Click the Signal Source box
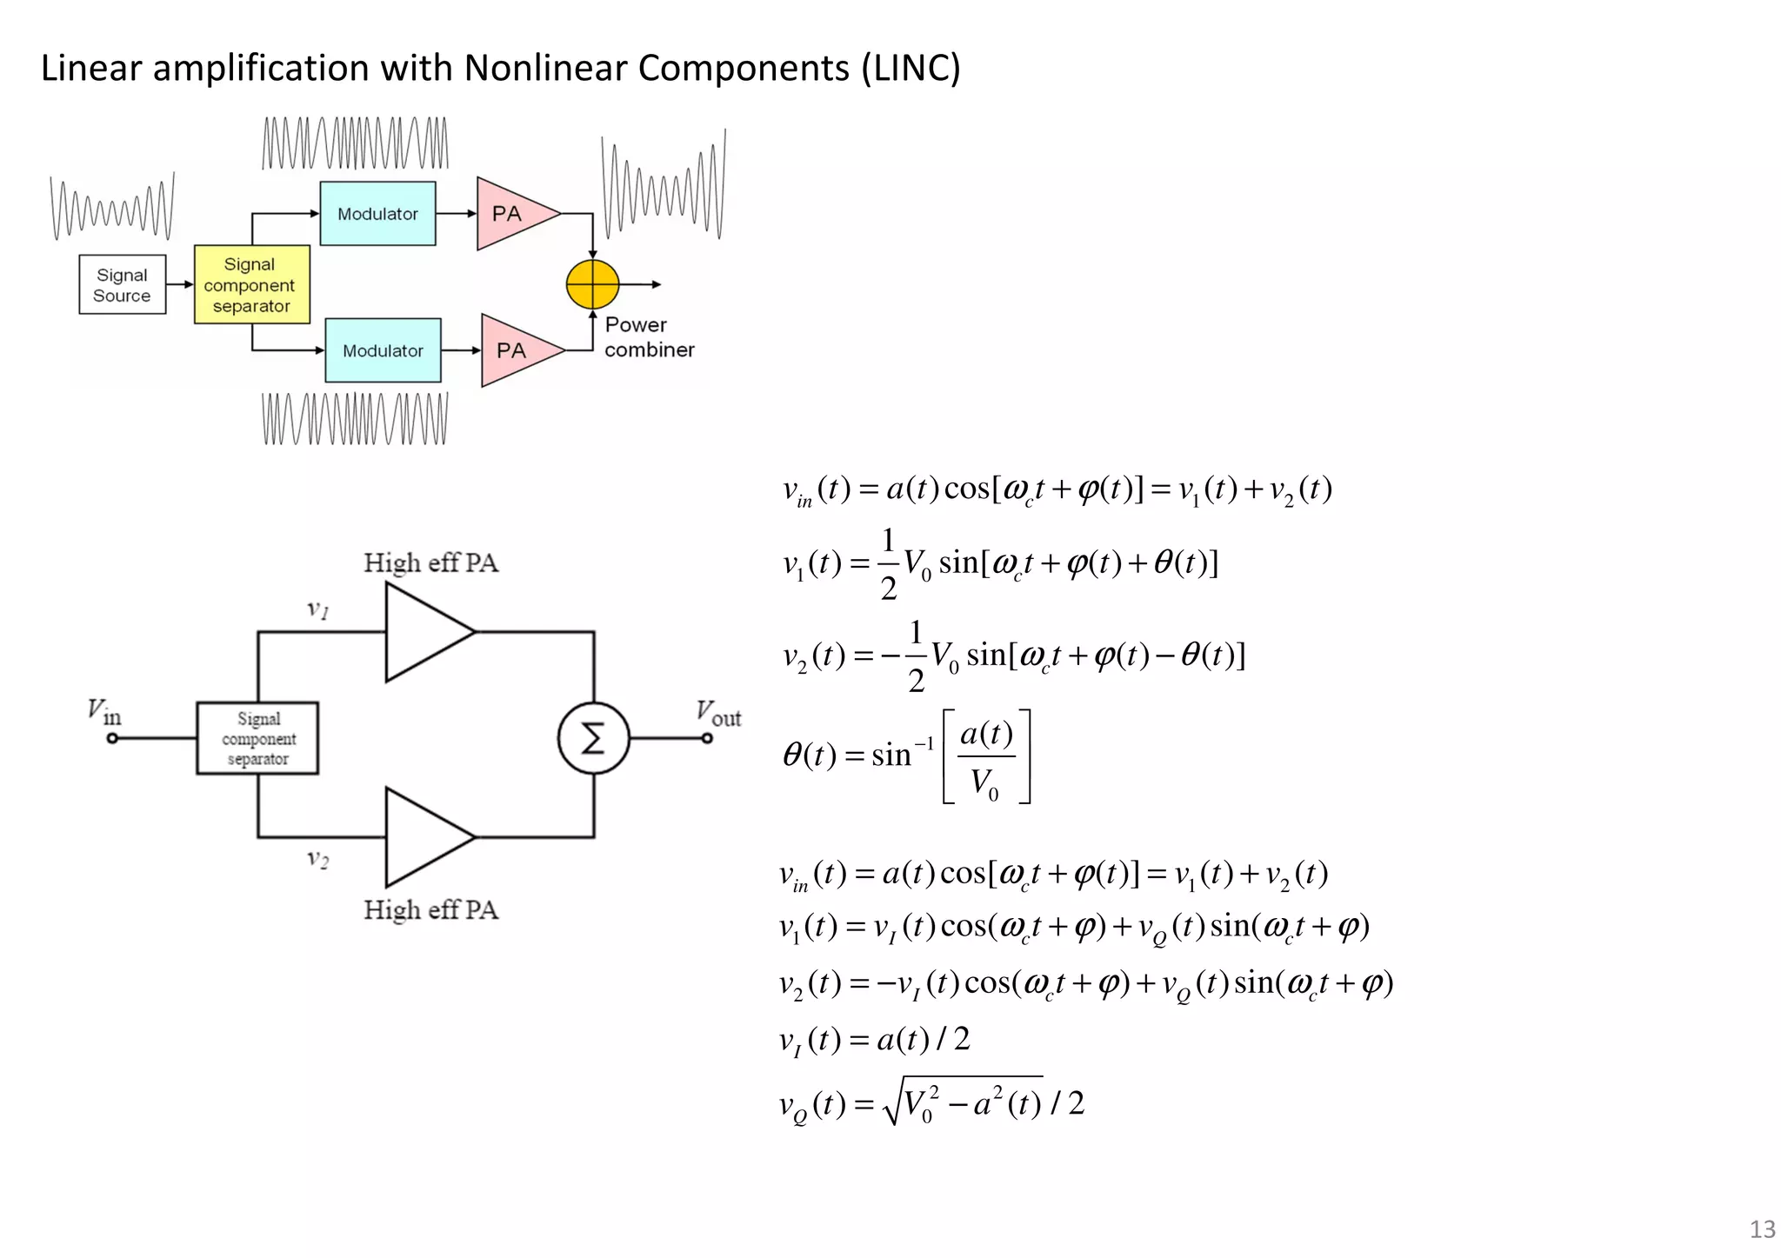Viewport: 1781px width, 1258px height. [122, 284]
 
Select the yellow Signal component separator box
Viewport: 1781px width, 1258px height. [251, 284]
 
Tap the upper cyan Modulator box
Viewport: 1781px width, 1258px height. [377, 214]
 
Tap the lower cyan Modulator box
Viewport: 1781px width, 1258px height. [383, 350]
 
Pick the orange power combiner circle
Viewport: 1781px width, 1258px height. [592, 284]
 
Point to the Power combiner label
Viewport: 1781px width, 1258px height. [648, 337]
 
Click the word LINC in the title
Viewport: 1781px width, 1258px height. [911, 68]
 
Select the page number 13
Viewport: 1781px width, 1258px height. [1762, 1228]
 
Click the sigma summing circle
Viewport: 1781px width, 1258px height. [593, 739]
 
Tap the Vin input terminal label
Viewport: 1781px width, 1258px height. [103, 712]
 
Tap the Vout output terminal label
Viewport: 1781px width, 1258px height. [717, 713]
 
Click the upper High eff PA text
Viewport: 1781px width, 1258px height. [430, 562]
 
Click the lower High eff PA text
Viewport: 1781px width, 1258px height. [430, 909]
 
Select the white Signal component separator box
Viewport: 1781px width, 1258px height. [257, 738]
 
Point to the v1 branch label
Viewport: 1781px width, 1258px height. [317, 609]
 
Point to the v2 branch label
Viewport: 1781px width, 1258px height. [317, 859]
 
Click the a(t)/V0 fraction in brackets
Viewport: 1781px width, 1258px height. [986, 757]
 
